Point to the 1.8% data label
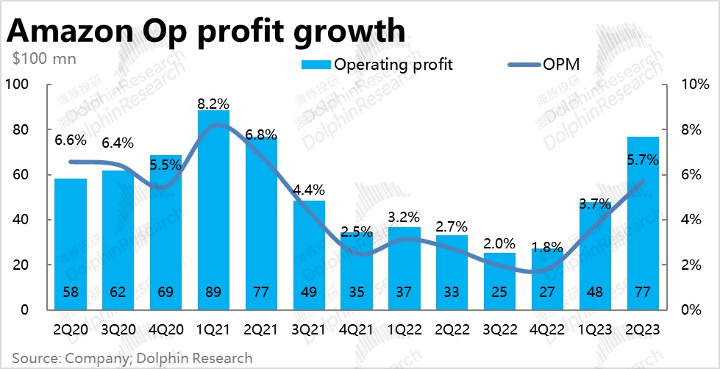546,247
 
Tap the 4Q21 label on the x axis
356,330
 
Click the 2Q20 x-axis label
71,330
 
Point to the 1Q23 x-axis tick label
595,330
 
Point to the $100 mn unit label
43,59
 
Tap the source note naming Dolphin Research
128,358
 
